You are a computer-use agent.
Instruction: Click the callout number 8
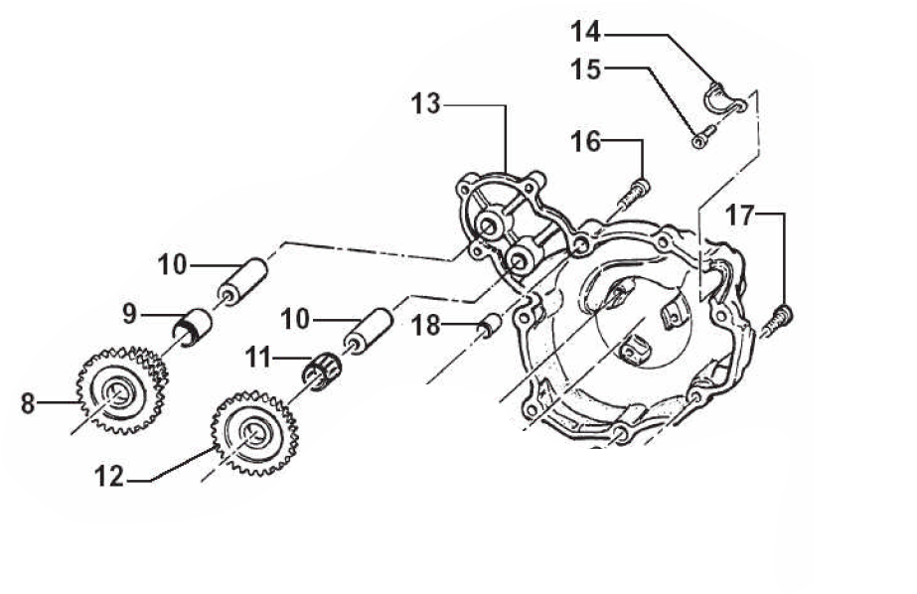pyautogui.click(x=28, y=403)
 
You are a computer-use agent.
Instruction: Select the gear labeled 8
pyautogui.click(x=122, y=390)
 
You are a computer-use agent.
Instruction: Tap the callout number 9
pyautogui.click(x=130, y=315)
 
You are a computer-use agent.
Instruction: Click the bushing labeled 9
pyautogui.click(x=193, y=328)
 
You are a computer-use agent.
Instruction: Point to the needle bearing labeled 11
pyautogui.click(x=323, y=371)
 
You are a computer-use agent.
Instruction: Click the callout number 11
pyautogui.click(x=259, y=358)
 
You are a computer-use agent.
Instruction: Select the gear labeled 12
pyautogui.click(x=255, y=433)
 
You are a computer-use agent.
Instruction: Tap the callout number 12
pyautogui.click(x=110, y=477)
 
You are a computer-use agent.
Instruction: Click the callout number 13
pyautogui.click(x=426, y=104)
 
